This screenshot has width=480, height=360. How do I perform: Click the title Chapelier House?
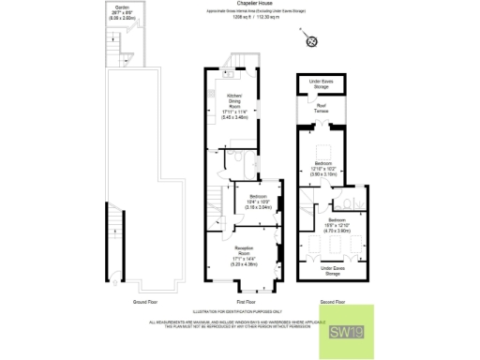[x=241, y=4]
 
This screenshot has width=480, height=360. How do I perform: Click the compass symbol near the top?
[x=307, y=40]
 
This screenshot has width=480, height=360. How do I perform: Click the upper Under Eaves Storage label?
[x=322, y=83]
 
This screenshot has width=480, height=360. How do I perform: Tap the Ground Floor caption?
[x=144, y=302]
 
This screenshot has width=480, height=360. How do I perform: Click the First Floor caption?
[x=246, y=302]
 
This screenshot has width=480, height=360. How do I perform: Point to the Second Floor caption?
[x=334, y=302]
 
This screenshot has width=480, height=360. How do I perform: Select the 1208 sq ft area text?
[x=240, y=18]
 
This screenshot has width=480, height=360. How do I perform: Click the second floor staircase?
[x=310, y=201]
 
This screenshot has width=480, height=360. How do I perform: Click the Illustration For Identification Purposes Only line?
[x=240, y=310]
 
